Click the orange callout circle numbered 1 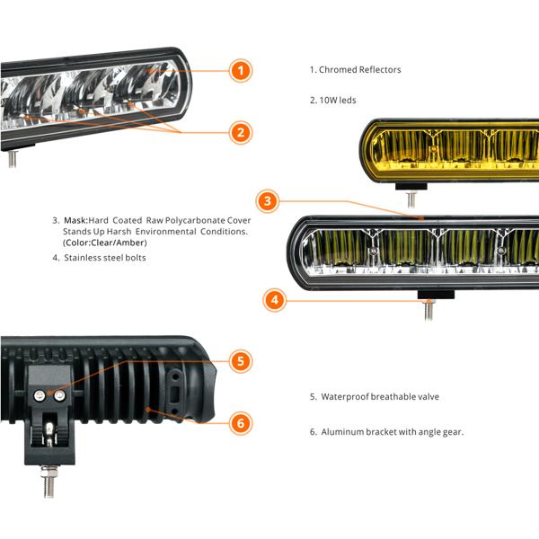point(240,70)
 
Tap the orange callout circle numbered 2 point(240,132)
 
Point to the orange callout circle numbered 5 point(240,362)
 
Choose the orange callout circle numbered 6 point(240,423)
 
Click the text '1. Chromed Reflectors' point(356,69)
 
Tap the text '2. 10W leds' point(333,101)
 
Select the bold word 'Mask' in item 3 point(75,220)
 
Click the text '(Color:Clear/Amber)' point(104,243)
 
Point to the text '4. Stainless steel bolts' point(99,258)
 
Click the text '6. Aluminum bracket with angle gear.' point(386,432)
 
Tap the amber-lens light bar point(449,148)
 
